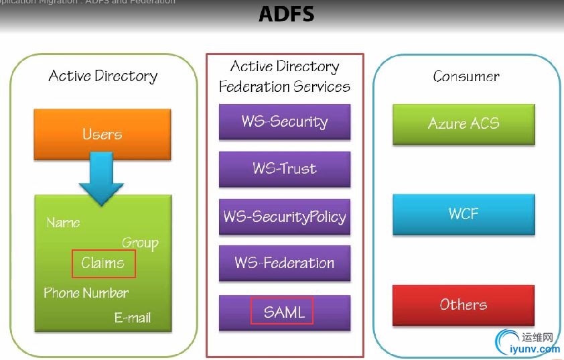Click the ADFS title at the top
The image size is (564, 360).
286,15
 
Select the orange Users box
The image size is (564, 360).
102,134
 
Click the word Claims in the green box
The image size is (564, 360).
103,263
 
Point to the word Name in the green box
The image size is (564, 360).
63,223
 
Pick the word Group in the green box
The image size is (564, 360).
140,243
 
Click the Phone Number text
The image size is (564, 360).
86,293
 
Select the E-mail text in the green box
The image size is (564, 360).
133,318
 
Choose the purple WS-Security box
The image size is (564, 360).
285,121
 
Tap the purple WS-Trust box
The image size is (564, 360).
285,169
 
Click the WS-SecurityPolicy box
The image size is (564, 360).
285,217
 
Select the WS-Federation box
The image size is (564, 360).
285,263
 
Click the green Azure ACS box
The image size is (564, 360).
464,123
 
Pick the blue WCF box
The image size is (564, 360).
464,214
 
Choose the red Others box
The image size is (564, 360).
464,305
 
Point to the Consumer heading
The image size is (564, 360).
466,76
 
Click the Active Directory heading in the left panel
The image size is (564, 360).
103,76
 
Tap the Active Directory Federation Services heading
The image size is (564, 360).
285,76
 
